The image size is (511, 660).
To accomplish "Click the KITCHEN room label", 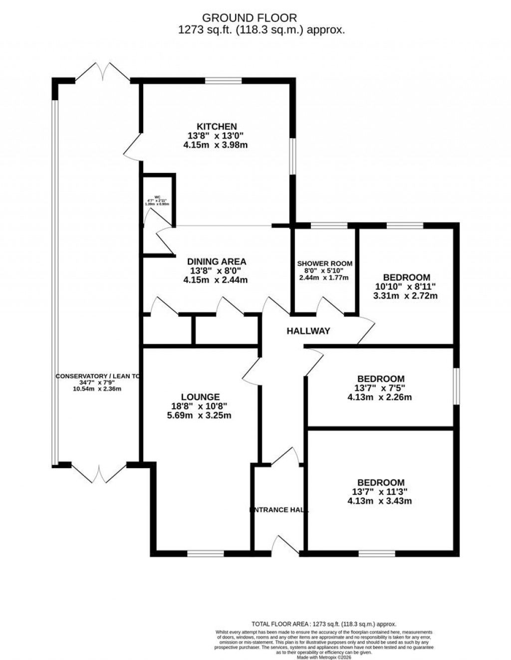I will (216, 127).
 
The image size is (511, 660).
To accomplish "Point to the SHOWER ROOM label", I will (324, 264).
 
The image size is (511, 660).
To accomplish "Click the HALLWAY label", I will (308, 330).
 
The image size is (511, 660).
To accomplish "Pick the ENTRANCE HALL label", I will (279, 510).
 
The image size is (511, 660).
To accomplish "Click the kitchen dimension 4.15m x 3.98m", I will (216, 145).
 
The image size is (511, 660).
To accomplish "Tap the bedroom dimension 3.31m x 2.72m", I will (406, 296).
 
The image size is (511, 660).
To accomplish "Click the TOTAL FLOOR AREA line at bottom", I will (324, 624).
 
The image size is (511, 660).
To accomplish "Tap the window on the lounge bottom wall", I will (205, 553).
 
